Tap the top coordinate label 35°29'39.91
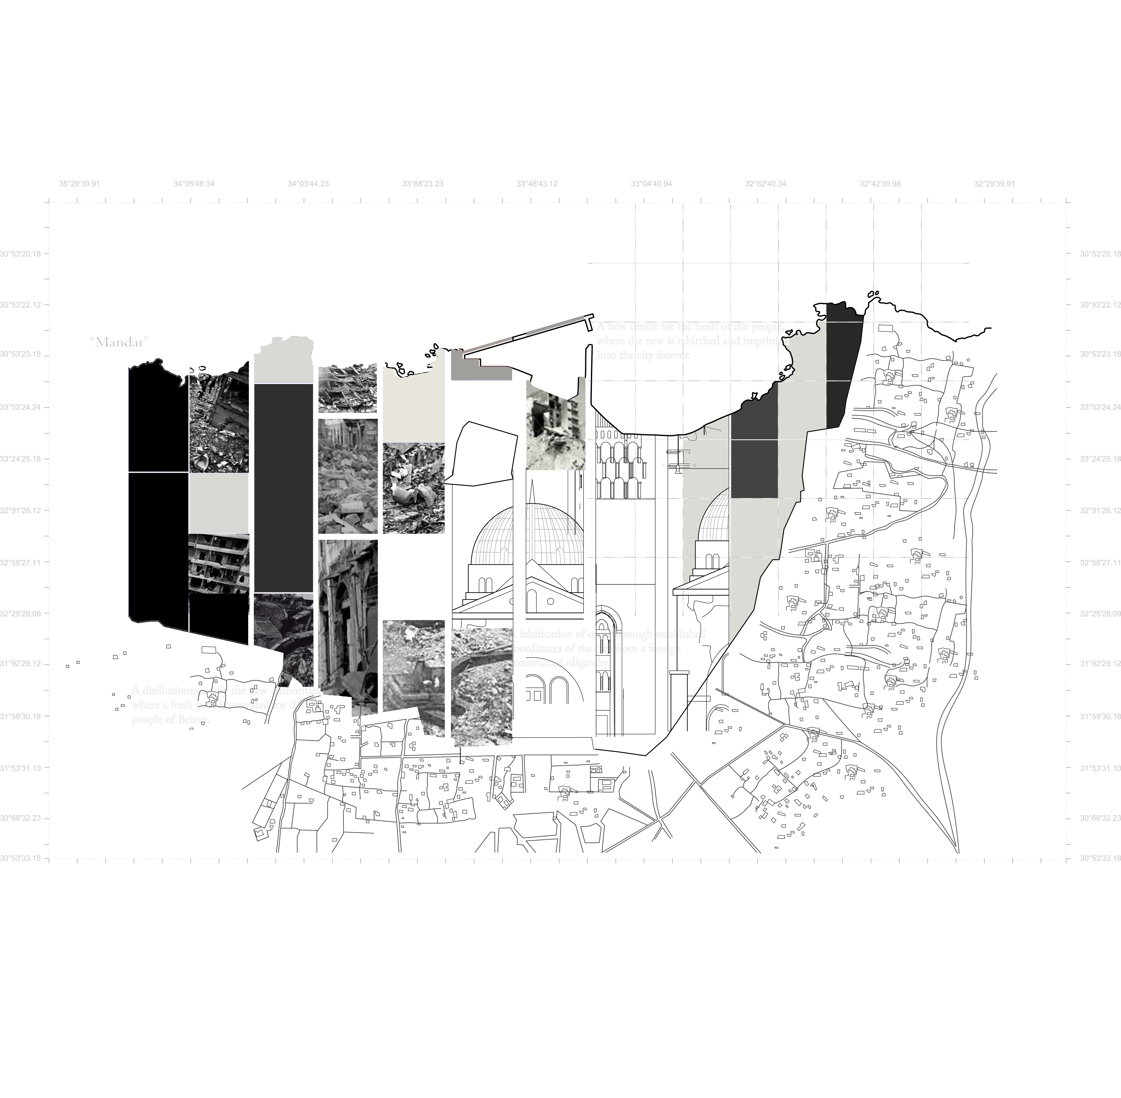[79, 184]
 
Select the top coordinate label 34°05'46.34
[194, 184]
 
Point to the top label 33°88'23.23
[423, 184]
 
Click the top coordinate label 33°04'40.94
[651, 184]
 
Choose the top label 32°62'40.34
[765, 184]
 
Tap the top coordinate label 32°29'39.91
[994, 184]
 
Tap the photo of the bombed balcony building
[219, 562]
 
